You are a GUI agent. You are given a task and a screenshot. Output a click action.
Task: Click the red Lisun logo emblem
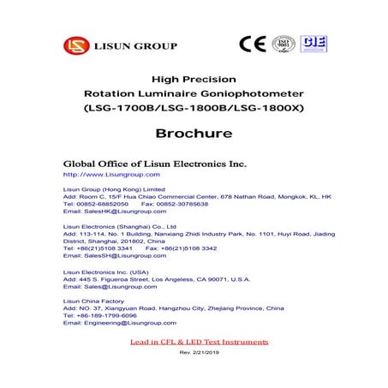point(75,45)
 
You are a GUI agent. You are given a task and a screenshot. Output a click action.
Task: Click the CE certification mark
point(252,44)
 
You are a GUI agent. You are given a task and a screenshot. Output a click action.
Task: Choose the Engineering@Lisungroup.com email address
point(120,323)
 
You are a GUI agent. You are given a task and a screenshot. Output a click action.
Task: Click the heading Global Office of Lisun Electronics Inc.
point(155,163)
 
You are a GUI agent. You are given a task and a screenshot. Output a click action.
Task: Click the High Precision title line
point(193,77)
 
